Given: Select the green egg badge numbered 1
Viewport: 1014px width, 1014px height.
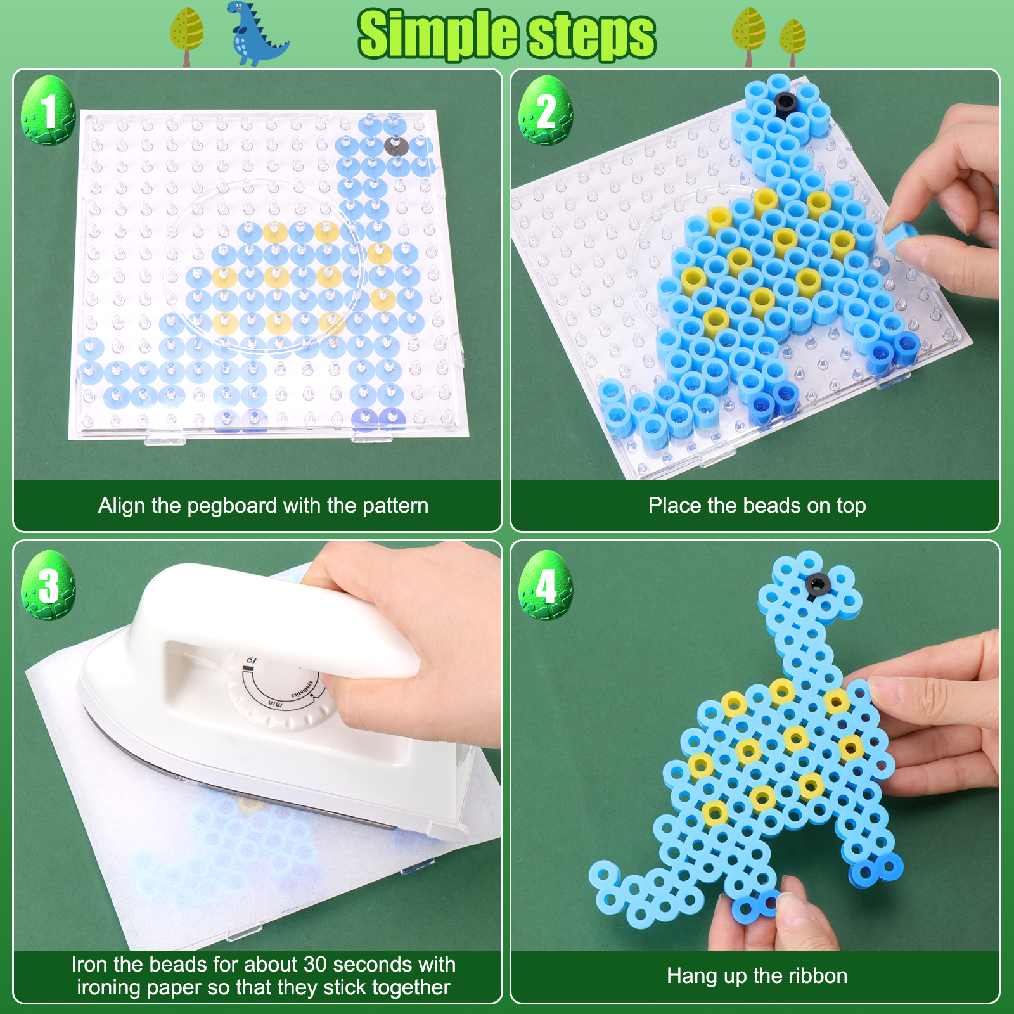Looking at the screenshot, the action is pos(48,110).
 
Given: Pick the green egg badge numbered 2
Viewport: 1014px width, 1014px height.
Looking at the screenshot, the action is pos(546,110).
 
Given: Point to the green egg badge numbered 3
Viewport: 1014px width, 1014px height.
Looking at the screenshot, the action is pos(48,585).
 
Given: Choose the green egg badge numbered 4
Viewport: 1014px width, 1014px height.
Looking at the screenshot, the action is pos(546,585).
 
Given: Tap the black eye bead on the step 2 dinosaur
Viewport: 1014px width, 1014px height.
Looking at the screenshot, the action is pos(785,103).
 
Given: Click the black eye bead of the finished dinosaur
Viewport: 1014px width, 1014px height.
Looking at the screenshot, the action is pos(818,585).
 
